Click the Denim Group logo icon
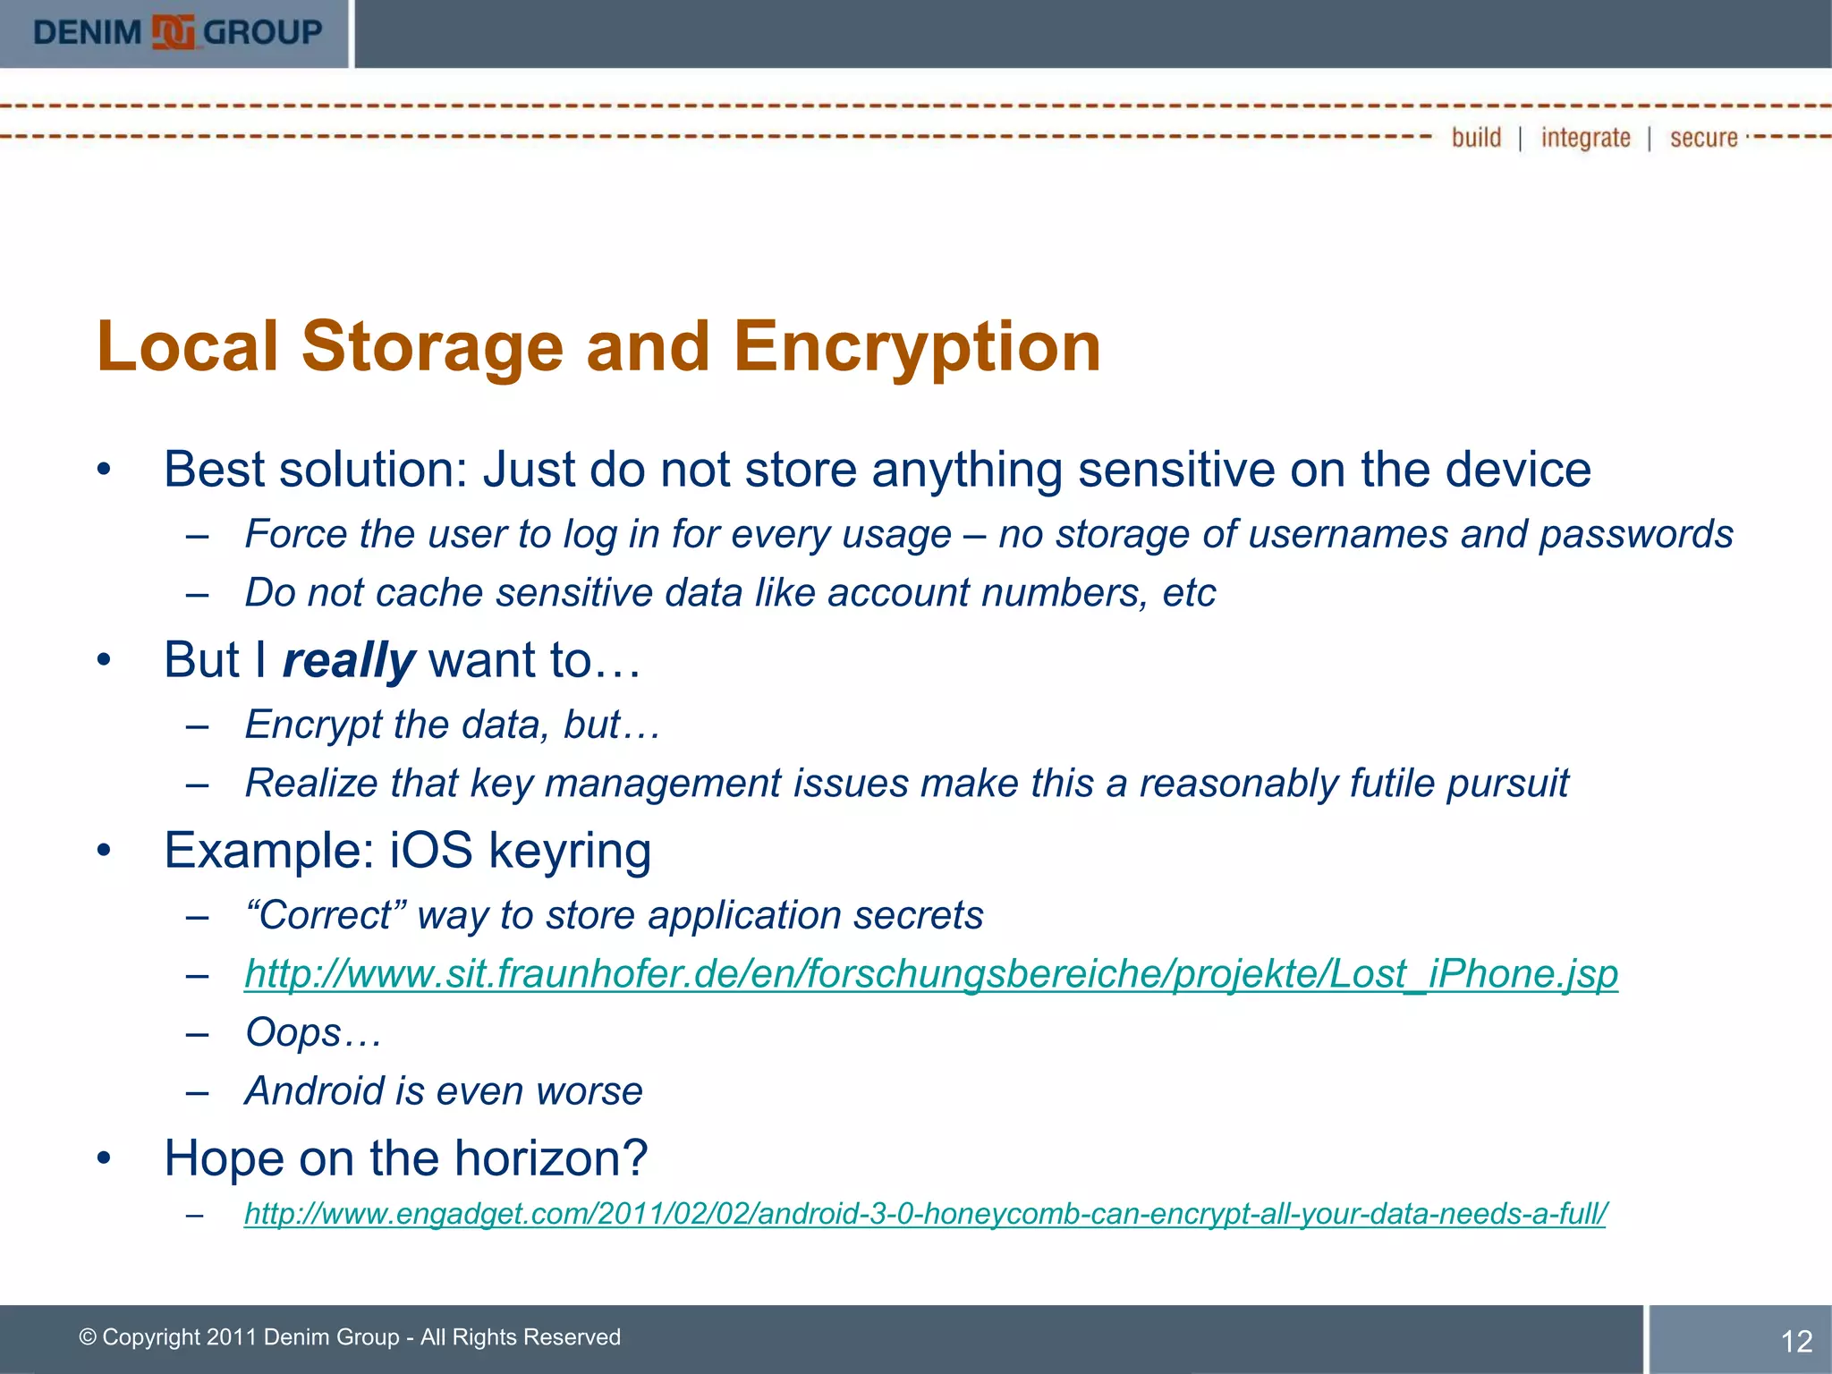coord(174,32)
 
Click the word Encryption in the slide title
coord(917,347)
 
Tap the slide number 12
coord(1796,1341)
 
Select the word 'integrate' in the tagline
coord(1585,138)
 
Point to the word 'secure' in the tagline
coord(1703,138)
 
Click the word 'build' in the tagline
coord(1476,138)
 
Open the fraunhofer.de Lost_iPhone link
coord(930,973)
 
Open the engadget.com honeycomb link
coord(925,1214)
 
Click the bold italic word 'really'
coord(348,661)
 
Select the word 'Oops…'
coord(313,1032)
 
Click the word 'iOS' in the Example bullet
coord(431,850)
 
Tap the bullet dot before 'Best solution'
coord(105,470)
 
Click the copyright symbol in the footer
coord(88,1337)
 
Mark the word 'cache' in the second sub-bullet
coord(428,593)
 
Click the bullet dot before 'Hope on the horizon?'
coord(105,1158)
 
